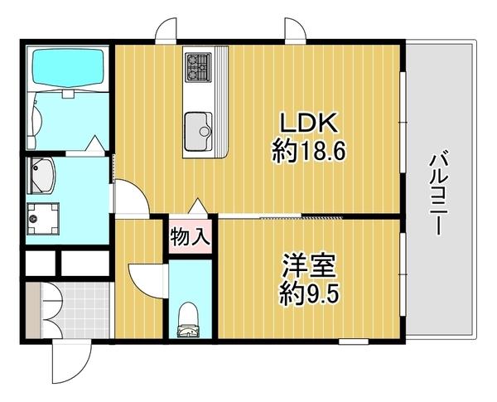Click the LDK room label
[x=308, y=124]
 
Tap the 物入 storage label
[x=190, y=238]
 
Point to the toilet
[x=189, y=318]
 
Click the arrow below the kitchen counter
[x=198, y=206]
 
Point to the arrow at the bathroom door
[x=96, y=144]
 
